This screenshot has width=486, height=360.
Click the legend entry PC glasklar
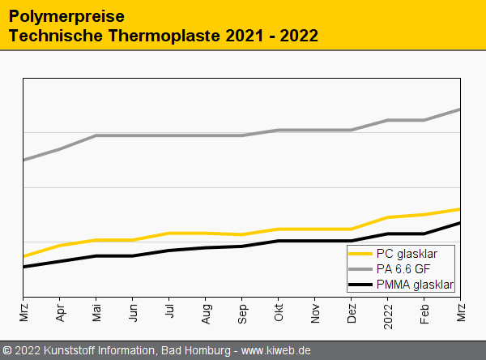click(406, 254)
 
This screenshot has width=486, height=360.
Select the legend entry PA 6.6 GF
click(403, 269)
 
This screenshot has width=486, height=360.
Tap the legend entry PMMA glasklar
click(415, 285)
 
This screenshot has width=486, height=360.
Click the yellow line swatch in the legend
click(360, 254)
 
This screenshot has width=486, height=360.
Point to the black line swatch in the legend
click(360, 285)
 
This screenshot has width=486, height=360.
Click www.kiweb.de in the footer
click(276, 351)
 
